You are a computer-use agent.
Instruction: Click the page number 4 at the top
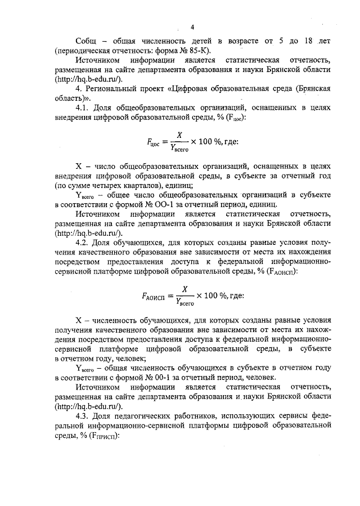pos(192,27)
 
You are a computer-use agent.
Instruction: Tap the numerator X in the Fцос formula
pos(179,136)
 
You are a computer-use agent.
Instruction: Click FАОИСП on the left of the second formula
pos(156,297)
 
